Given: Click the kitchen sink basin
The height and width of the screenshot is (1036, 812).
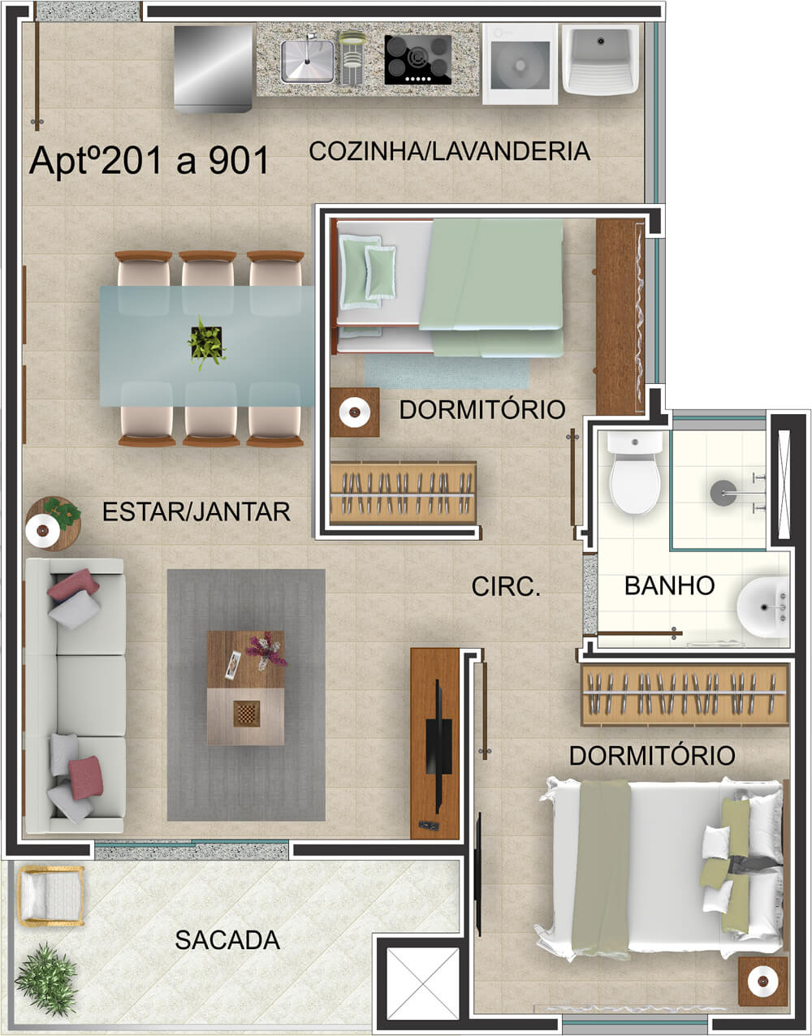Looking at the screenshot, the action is (x=307, y=61).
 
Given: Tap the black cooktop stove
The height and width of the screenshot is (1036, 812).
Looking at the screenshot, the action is (x=417, y=59).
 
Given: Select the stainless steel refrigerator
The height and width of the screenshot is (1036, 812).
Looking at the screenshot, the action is (x=213, y=69).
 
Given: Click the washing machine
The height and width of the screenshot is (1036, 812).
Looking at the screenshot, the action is (x=520, y=64).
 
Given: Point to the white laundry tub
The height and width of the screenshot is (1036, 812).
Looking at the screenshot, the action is (x=600, y=59).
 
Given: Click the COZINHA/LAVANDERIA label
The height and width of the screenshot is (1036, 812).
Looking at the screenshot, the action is (x=450, y=151).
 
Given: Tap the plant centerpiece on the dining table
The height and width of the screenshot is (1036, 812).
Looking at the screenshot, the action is (x=206, y=342).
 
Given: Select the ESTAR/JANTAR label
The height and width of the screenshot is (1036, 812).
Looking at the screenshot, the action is (x=197, y=512).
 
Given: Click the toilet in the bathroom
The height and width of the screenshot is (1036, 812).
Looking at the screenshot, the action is (x=635, y=473).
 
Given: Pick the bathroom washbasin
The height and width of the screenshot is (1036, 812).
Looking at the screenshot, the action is (x=762, y=607).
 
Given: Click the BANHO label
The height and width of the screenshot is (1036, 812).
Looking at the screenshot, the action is (x=669, y=585).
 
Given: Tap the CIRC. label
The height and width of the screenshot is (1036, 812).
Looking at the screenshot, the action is (x=506, y=586).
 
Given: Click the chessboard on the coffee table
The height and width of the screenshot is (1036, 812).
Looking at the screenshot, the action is (x=247, y=714).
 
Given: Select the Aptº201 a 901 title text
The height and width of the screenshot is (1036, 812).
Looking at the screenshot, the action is (x=149, y=161).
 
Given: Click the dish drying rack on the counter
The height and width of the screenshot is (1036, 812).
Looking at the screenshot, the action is (x=351, y=58).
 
